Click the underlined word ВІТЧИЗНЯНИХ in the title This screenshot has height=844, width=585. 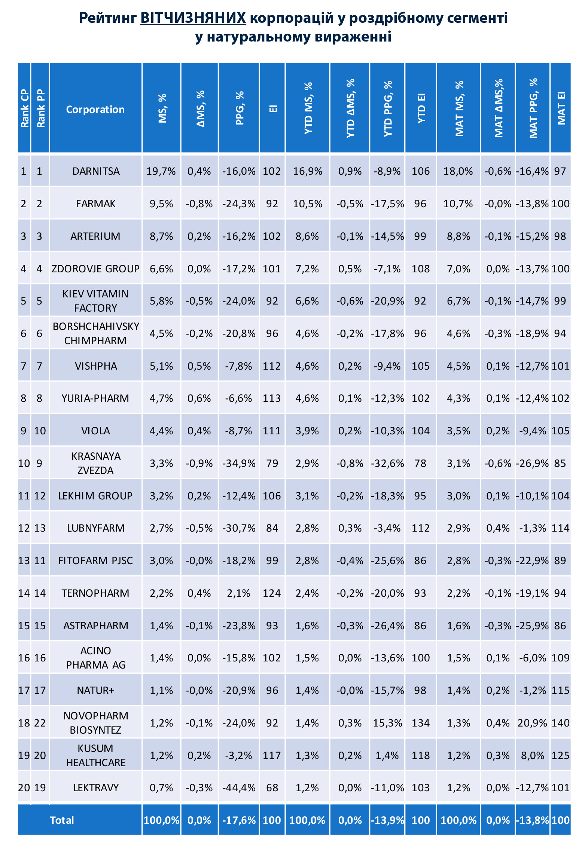click(193, 18)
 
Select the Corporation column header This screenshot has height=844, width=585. click(95, 109)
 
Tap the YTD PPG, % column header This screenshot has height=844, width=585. click(388, 108)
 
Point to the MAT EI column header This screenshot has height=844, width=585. click(561, 108)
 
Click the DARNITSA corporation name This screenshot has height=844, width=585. click(96, 171)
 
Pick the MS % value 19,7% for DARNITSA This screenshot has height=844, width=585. click(161, 171)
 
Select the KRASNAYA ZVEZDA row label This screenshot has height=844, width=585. click(96, 463)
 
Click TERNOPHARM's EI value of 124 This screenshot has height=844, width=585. click(272, 593)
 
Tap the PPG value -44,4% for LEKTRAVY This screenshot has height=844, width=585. click(239, 788)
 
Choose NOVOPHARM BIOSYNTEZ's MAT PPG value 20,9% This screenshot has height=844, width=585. click(533, 723)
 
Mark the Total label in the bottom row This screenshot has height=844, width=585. click(62, 820)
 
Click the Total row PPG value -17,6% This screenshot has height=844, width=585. click(239, 820)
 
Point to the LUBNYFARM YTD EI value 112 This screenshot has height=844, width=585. click(421, 528)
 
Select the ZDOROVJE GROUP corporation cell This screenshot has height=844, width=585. click(95, 269)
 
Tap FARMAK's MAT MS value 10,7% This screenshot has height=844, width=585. click(458, 204)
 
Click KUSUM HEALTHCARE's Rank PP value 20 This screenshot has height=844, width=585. click(40, 755)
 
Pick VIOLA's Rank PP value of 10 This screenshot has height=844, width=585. click(40, 431)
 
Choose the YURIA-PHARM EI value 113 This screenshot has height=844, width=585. click(272, 398)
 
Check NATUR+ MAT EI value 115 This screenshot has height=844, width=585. click(560, 690)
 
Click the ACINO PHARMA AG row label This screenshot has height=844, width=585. click(96, 658)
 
